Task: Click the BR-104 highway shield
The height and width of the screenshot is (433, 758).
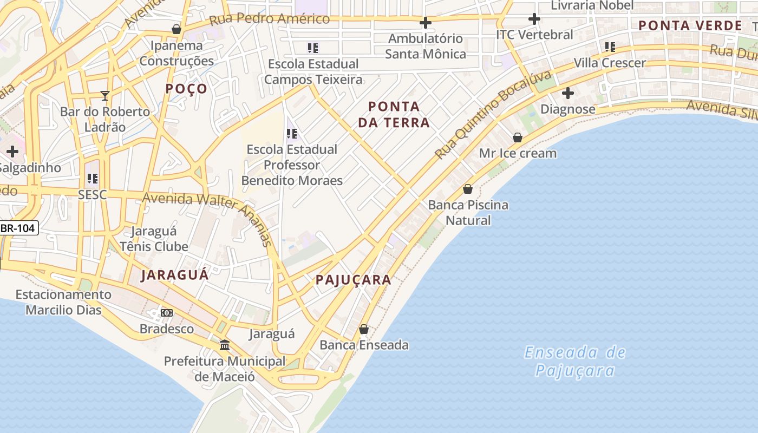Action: click(18, 228)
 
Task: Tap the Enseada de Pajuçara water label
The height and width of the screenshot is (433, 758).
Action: click(575, 361)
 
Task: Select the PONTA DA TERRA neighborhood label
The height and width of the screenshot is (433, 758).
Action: click(394, 114)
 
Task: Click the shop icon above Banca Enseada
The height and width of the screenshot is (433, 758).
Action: click(364, 329)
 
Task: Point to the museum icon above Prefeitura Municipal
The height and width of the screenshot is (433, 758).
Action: click(224, 345)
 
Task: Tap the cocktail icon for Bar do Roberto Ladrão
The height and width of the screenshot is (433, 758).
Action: click(105, 96)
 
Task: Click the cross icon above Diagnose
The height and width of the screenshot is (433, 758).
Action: click(567, 93)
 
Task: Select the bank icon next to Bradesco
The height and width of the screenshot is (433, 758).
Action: click(167, 313)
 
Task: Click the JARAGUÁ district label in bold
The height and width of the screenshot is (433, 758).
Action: click(174, 275)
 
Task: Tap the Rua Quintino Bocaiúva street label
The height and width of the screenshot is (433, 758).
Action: click(492, 115)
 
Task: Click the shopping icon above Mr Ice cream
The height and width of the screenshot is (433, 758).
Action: click(518, 137)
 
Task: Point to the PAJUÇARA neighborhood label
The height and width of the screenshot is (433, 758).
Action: click(353, 280)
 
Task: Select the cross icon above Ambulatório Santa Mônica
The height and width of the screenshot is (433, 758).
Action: click(426, 23)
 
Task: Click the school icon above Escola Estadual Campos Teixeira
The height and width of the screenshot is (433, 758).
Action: click(313, 48)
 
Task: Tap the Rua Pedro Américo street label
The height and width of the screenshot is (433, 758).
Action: click(269, 19)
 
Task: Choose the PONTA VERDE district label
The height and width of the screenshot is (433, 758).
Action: click(690, 25)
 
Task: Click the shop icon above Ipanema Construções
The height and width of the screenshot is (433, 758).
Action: click(176, 29)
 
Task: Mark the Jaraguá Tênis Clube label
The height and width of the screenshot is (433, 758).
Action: click(154, 239)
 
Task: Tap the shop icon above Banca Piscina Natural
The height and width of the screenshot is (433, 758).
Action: click(468, 189)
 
